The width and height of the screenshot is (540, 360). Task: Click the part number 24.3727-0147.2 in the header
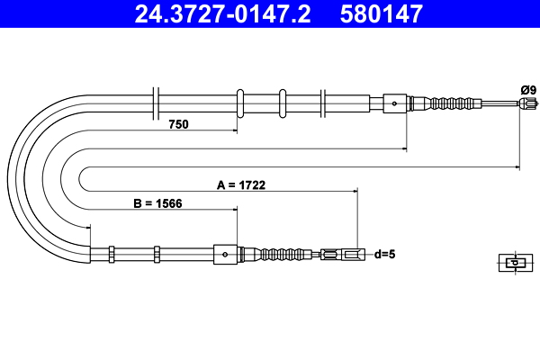[x=221, y=13]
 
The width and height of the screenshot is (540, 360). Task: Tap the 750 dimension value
[x=178, y=124]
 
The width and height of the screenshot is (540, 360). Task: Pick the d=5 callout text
[x=384, y=254]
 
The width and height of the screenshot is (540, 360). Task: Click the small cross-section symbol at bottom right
[x=513, y=263]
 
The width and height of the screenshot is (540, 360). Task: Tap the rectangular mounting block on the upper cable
[x=396, y=103]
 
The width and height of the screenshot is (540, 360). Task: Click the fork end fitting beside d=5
[x=343, y=255]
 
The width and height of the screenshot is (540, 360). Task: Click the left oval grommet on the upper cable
[x=240, y=103]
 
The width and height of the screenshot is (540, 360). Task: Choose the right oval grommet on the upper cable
[x=283, y=103]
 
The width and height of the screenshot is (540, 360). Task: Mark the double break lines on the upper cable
[x=157, y=103]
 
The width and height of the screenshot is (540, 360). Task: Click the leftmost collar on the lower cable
[x=111, y=255]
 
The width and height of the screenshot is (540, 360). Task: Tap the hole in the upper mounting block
[x=395, y=103]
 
